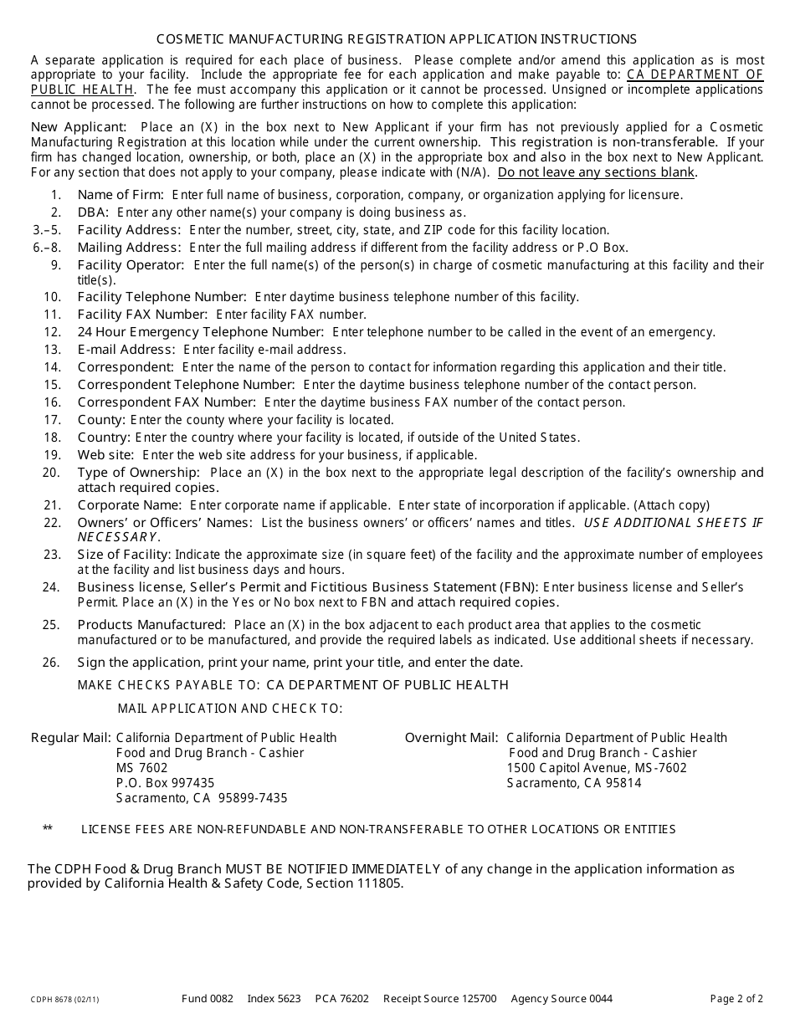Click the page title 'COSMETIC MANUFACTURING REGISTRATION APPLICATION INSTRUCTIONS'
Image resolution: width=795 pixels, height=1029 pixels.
(x=397, y=39)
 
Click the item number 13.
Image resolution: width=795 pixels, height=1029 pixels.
(x=53, y=350)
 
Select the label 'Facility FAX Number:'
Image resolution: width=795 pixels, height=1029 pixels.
(x=142, y=315)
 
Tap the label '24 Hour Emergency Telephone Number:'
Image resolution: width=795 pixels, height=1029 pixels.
(x=201, y=332)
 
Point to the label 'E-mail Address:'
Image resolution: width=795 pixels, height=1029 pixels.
(x=126, y=350)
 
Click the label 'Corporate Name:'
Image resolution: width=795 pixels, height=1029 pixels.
(x=130, y=505)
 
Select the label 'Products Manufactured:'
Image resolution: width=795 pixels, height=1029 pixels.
(x=151, y=625)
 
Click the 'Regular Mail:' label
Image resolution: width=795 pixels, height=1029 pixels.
(x=71, y=738)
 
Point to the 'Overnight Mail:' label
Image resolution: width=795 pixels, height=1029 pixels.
(x=452, y=738)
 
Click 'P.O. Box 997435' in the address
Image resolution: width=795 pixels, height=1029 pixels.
(x=166, y=783)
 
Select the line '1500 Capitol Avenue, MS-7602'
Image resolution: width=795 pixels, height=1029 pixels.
(x=597, y=768)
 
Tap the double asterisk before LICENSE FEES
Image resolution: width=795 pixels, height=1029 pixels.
(x=48, y=829)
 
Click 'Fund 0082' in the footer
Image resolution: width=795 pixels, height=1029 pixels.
(x=208, y=999)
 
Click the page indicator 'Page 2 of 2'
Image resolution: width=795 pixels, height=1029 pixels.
(x=736, y=999)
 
